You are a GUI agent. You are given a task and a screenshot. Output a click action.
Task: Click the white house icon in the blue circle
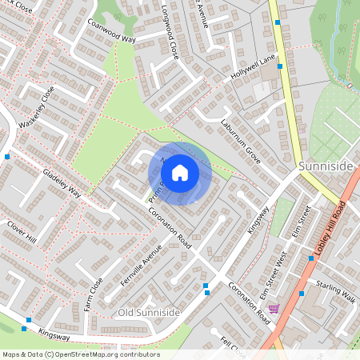click(180, 172)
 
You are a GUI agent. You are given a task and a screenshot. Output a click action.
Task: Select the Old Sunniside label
click(148, 311)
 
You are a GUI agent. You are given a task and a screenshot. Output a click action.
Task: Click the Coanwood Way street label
click(111, 31)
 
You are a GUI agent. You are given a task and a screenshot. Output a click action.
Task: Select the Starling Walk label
click(335, 286)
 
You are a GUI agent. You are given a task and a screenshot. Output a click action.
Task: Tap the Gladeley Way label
click(62, 186)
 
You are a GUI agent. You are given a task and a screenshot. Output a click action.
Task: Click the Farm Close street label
click(94, 294)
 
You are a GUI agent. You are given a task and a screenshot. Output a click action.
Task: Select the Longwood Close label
click(169, 45)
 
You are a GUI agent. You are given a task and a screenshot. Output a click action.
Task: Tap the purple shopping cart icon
click(274, 308)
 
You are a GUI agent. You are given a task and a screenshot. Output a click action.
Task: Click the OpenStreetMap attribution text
click(80, 354)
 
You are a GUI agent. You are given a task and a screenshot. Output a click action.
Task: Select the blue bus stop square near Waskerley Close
click(7, 157)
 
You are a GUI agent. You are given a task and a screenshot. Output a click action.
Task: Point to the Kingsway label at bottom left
click(54, 327)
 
